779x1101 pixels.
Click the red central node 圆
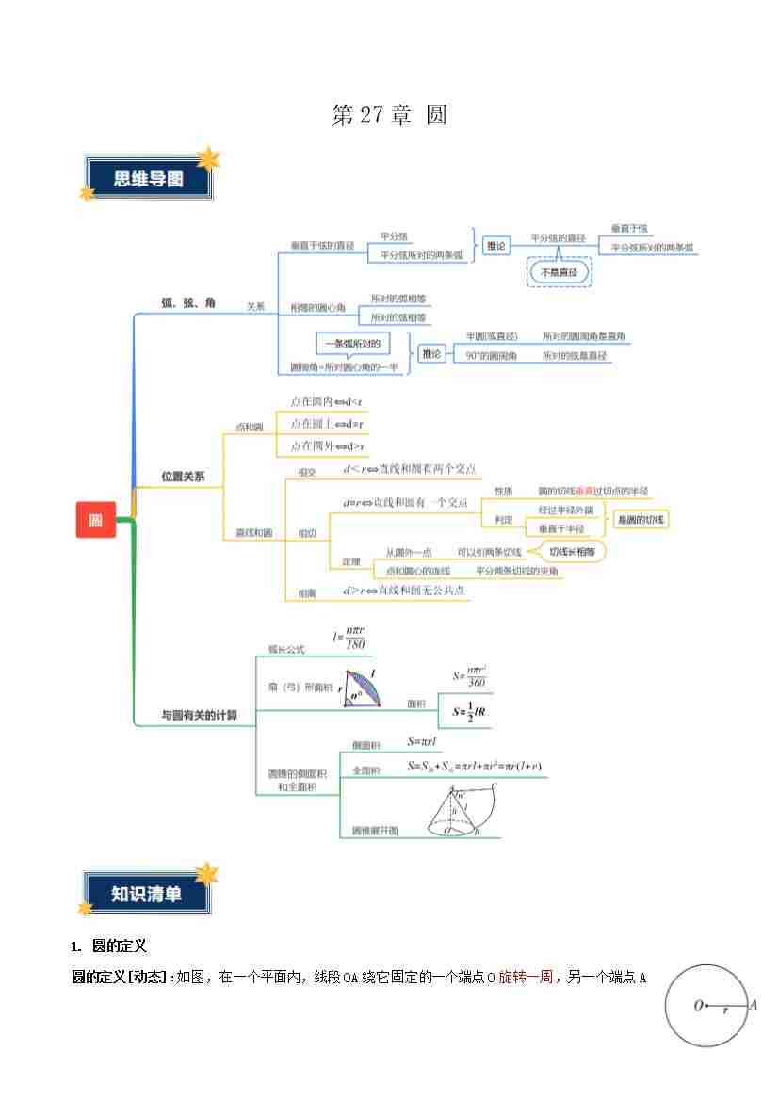click(96, 520)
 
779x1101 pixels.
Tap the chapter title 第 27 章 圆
click(389, 116)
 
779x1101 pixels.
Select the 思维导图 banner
click(149, 179)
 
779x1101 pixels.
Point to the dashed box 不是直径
click(560, 272)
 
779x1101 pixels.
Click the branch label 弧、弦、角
click(188, 302)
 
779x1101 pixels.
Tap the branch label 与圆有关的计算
click(199, 715)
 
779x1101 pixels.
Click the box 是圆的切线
click(641, 520)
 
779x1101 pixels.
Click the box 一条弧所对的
click(351, 344)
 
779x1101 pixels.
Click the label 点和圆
click(249, 427)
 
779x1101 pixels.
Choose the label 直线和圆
click(253, 533)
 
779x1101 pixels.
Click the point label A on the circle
click(753, 1005)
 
